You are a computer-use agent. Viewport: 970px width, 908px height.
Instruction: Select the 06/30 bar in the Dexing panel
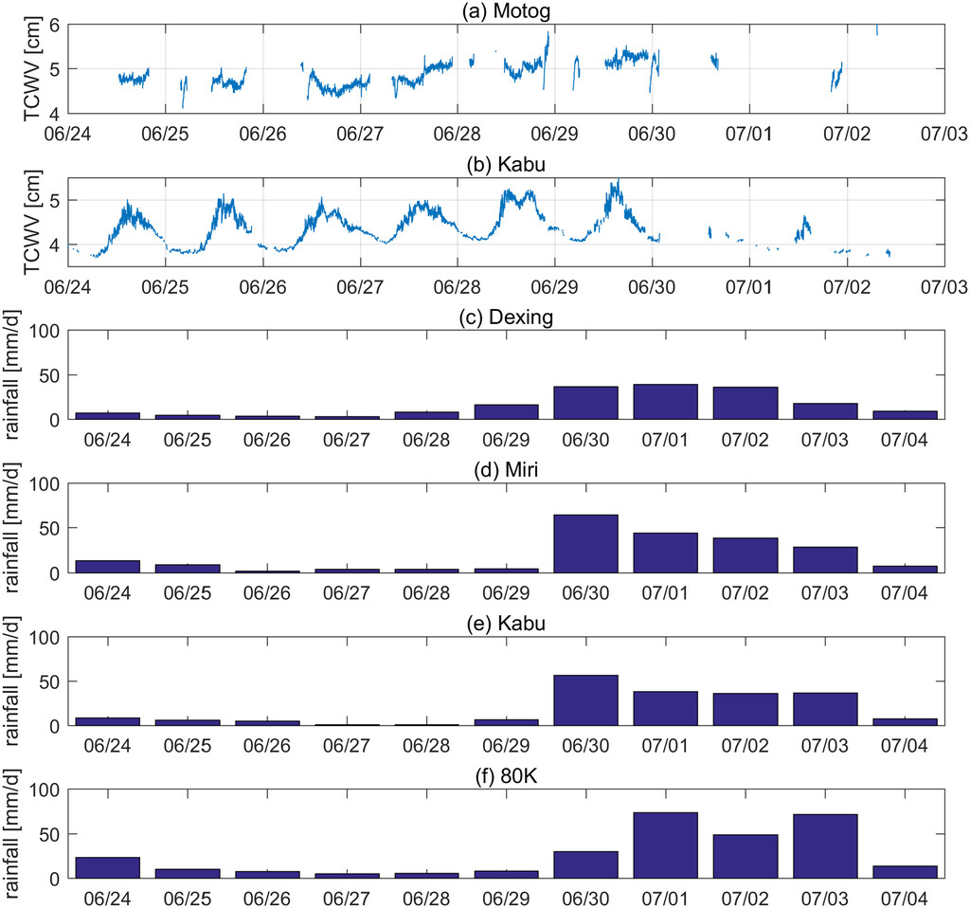point(585,403)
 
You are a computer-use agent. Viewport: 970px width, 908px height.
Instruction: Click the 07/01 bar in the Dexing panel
point(665,402)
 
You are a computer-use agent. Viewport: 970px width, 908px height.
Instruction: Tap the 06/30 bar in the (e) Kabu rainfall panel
point(585,700)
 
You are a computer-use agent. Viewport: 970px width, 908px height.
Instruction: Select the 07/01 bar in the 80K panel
point(665,845)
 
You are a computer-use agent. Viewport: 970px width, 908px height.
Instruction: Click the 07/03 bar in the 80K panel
point(825,846)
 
